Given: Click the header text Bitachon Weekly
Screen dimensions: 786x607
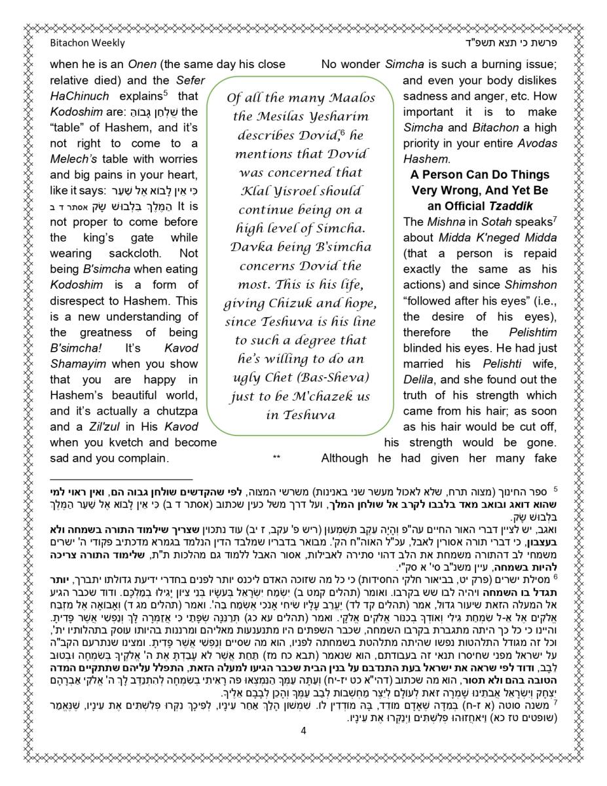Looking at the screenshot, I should (x=87, y=43).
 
